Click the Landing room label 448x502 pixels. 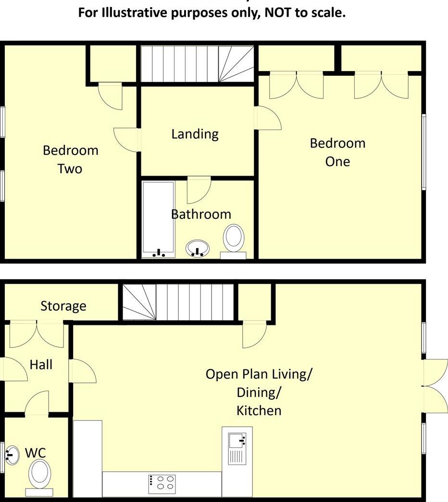195,134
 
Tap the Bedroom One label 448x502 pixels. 337,152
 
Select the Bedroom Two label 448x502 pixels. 70,159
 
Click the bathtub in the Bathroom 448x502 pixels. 158,219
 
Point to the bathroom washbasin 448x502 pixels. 198,248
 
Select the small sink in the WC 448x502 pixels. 12,454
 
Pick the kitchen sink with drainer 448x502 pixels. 237,447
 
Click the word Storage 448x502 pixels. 63,306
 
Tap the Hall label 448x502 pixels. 41,365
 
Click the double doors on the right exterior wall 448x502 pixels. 434,385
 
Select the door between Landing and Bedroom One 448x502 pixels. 268,118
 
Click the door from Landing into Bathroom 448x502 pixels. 199,190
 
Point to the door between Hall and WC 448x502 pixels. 37,404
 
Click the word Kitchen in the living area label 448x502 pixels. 259,410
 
